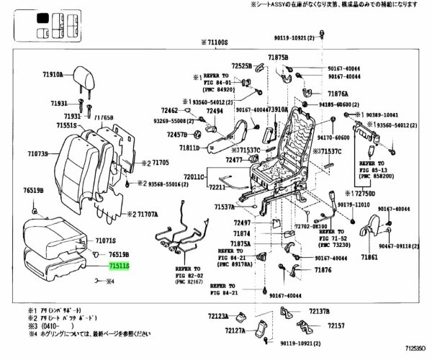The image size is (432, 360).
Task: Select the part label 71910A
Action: click(x=53, y=73)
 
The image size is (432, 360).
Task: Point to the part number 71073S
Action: click(x=37, y=153)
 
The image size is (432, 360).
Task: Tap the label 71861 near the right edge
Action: click(x=370, y=256)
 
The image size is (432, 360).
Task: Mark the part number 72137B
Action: click(x=319, y=311)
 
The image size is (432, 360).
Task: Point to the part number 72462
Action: click(x=170, y=110)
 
